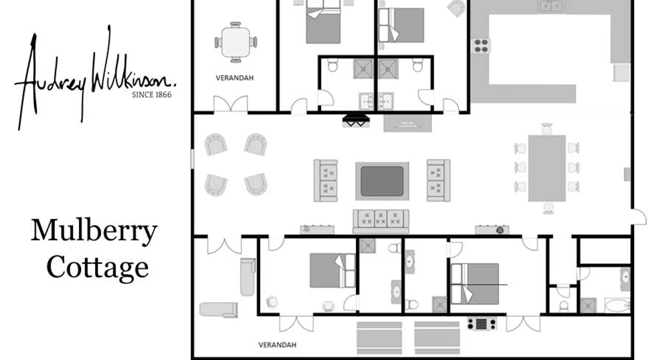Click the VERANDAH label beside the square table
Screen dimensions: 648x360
coord(234,78)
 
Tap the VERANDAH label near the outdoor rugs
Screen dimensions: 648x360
coord(277,345)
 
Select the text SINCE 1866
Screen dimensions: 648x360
coord(152,95)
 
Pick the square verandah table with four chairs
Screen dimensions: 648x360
coord(236,42)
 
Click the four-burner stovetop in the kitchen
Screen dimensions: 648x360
coord(481,46)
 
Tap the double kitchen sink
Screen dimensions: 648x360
coord(551,6)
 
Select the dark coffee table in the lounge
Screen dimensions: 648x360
coord(382,181)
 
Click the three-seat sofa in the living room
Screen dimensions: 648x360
coord(381,221)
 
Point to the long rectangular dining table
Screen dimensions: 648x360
coord(547,168)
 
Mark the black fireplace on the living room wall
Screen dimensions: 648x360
coord(356,121)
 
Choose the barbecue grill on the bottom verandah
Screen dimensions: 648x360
coord(482,324)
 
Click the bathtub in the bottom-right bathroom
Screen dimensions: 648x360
coord(617,306)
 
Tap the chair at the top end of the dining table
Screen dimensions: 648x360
coord(546,129)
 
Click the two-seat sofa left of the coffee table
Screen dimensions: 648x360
coord(325,180)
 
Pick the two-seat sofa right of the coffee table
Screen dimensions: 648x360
coord(438,180)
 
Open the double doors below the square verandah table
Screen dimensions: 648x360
coord(231,104)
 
